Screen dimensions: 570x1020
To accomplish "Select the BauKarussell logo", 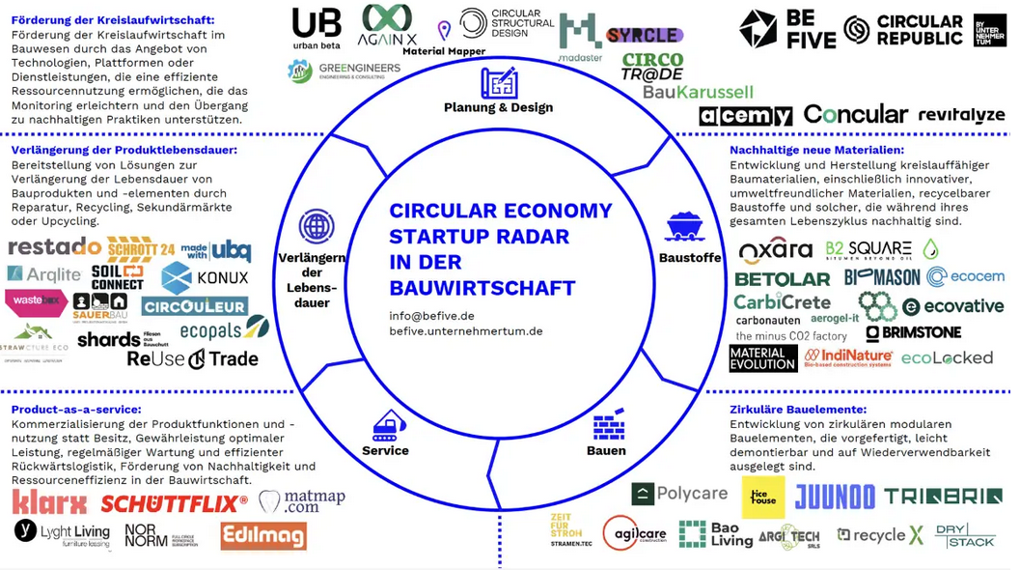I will click(698, 92).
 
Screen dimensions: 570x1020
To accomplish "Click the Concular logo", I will click(855, 115).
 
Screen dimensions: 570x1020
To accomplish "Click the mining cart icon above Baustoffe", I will click(683, 228).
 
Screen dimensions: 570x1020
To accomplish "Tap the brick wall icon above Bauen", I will click(608, 426).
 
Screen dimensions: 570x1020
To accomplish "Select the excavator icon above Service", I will click(388, 426).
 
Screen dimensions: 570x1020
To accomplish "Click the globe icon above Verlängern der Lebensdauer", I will click(316, 226).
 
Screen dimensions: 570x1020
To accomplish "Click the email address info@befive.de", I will click(431, 315).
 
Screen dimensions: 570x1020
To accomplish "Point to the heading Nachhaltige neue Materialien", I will click(816, 150).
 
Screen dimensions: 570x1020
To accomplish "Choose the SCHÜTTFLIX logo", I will click(174, 503).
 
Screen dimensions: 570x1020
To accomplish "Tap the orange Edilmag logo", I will click(263, 536).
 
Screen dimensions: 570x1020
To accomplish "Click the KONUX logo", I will click(205, 278).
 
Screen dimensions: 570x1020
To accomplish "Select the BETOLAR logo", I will click(782, 279).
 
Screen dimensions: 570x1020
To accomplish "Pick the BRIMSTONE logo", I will click(913, 332).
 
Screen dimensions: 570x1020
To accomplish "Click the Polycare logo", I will click(679, 494).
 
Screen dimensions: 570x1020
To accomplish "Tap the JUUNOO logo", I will click(835, 497).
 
